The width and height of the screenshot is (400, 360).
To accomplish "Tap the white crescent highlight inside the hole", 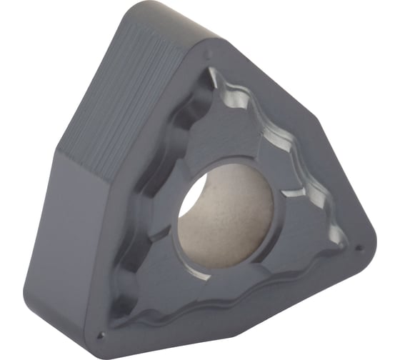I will pos(188,201).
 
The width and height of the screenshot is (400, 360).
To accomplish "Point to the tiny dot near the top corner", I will pos(207,53).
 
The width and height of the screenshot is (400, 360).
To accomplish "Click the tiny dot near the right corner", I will pos(359,248).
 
